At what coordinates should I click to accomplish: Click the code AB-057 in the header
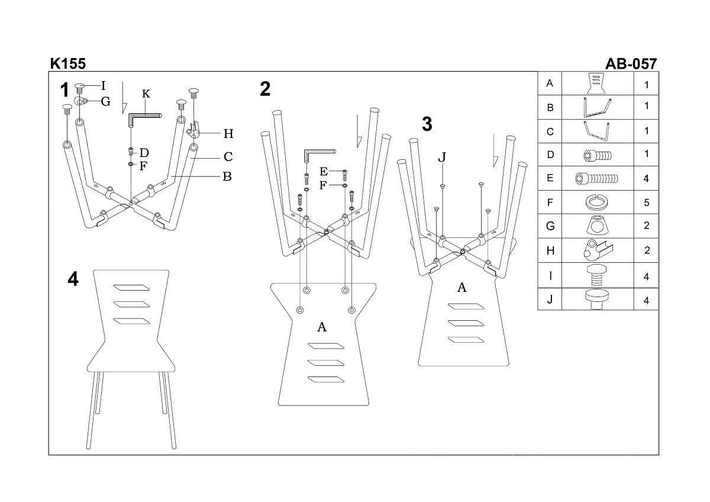tap(631, 63)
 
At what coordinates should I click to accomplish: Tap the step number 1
tap(65, 90)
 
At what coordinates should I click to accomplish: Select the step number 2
tap(265, 89)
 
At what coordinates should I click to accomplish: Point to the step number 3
tap(427, 124)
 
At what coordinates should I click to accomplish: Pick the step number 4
tap(73, 279)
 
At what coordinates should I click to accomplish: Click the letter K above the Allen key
tap(146, 94)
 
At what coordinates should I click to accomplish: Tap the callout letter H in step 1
tap(228, 134)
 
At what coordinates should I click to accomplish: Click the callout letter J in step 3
tap(442, 157)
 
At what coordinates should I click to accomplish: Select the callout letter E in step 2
tap(324, 172)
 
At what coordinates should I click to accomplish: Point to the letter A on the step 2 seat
tap(322, 327)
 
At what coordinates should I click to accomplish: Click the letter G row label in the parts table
tap(550, 226)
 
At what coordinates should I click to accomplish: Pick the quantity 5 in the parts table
tap(647, 203)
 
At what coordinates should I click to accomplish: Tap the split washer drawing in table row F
tap(597, 202)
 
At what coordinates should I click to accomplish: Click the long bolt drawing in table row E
tap(597, 178)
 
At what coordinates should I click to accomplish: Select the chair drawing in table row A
tap(597, 83)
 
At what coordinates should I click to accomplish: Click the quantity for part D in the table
tap(647, 155)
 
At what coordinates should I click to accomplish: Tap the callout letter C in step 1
tap(228, 157)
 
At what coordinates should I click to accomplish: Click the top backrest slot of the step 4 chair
tap(131, 288)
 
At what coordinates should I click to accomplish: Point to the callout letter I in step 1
tap(104, 86)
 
